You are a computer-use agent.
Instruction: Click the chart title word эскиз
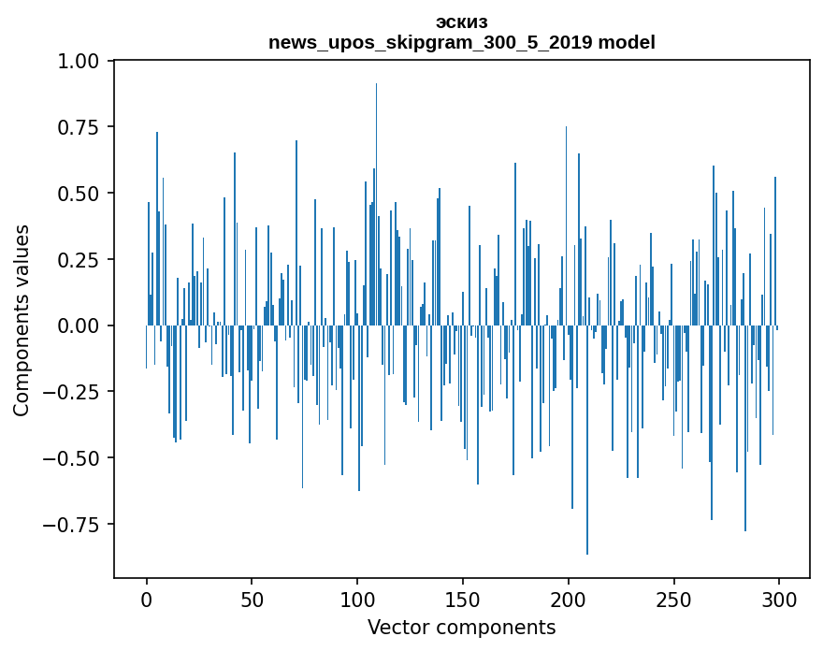(x=461, y=22)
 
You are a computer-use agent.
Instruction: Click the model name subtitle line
(x=461, y=42)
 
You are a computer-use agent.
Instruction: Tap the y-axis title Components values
(x=22, y=320)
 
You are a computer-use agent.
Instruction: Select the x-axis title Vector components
(x=461, y=628)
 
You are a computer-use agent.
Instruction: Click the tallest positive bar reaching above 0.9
(x=376, y=187)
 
